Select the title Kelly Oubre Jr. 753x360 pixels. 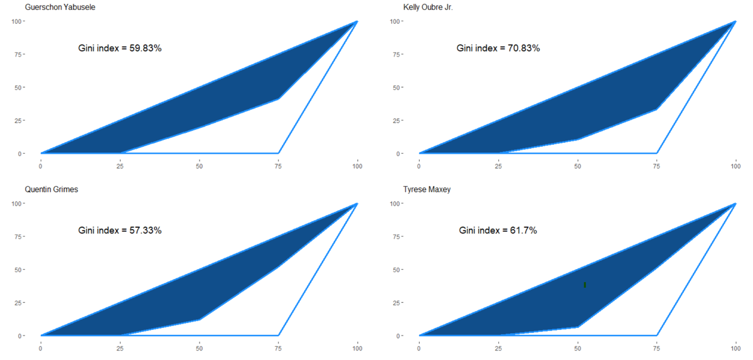[427, 7]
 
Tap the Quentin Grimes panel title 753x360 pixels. [51, 189]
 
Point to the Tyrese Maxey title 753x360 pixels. [426, 189]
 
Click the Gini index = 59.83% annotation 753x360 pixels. [120, 48]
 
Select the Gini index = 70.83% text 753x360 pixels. [498, 48]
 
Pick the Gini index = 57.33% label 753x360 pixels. [120, 230]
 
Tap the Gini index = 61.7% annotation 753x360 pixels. [498, 230]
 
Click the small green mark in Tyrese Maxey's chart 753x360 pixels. [585, 285]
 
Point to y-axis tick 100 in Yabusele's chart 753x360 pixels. [18, 21]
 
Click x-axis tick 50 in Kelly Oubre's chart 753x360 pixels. [577, 166]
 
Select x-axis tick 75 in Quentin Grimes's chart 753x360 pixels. [279, 349]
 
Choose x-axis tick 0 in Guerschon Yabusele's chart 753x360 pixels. [41, 166]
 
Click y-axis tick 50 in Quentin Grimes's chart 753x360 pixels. [19, 270]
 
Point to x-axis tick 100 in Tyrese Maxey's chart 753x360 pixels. [735, 349]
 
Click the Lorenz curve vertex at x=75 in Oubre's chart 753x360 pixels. [656, 109]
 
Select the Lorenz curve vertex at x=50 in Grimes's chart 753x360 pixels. [200, 319]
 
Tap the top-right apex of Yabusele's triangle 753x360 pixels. [356, 21]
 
